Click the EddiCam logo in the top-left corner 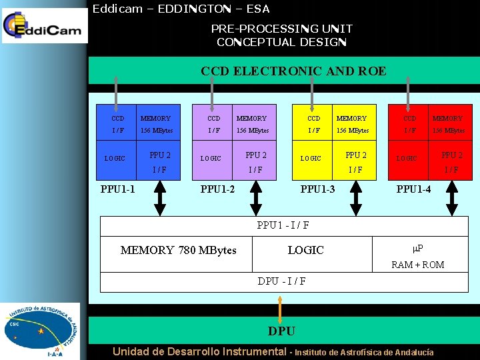44,27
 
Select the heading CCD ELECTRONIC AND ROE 293,71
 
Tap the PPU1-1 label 118,189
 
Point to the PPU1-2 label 218,189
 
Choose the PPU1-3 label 318,189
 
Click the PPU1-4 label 414,189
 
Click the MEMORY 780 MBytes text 178,250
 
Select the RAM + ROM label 418,265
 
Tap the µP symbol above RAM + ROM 418,249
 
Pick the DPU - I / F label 282,281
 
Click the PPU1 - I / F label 283,225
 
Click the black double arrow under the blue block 160,198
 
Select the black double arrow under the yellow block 357,198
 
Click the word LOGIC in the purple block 211,159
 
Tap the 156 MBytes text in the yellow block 351,131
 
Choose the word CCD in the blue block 118,119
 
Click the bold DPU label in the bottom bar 281,331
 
